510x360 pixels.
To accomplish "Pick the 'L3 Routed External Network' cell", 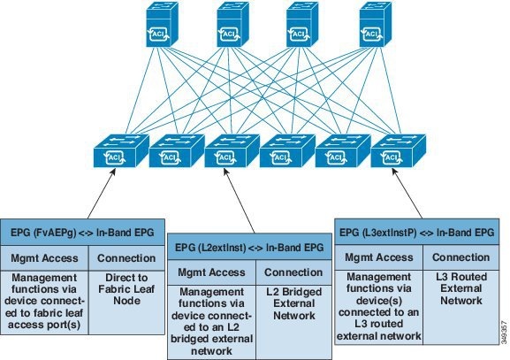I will click(x=459, y=293).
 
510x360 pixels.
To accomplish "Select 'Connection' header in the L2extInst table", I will click(x=294, y=272).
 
